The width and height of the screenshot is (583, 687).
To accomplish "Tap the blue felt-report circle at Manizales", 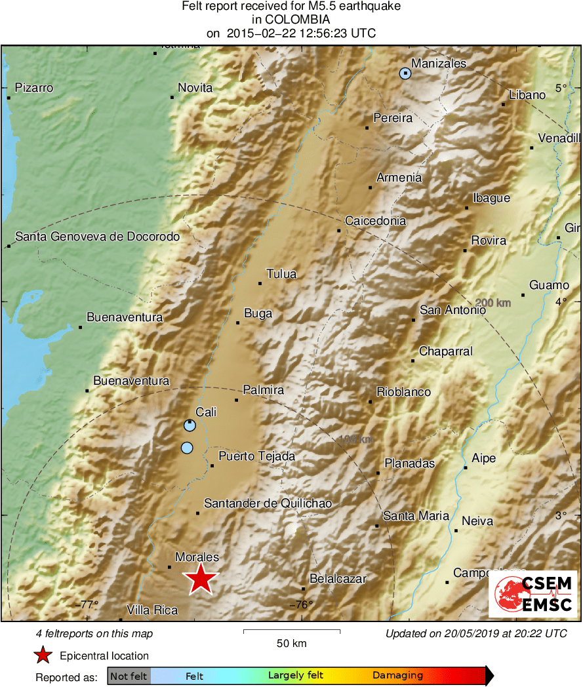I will pyautogui.click(x=405, y=73).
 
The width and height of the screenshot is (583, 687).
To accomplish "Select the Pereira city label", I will pyautogui.click(x=393, y=118).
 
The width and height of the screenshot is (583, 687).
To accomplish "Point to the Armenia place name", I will pyautogui.click(x=399, y=178).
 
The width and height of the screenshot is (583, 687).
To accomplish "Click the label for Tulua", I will pyautogui.click(x=281, y=274).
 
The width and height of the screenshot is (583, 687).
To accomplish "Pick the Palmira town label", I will pyautogui.click(x=263, y=390).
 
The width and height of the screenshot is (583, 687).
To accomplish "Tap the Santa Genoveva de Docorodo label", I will pyautogui.click(x=97, y=236).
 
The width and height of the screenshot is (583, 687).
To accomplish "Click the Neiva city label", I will pyautogui.click(x=477, y=521).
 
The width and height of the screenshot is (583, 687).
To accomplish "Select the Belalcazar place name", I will pyautogui.click(x=337, y=579).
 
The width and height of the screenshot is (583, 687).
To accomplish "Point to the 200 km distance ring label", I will pyautogui.click(x=493, y=303).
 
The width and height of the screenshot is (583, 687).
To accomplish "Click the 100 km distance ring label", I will pyautogui.click(x=356, y=439).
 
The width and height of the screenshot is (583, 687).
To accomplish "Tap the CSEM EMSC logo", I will pyautogui.click(x=533, y=594).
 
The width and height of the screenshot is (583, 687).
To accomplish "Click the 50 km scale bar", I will pyautogui.click(x=291, y=632).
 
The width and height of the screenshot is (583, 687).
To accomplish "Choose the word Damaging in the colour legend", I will pyautogui.click(x=397, y=675).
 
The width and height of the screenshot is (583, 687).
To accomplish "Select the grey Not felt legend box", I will pyautogui.click(x=129, y=675).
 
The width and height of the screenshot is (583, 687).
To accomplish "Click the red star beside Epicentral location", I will pyautogui.click(x=43, y=655).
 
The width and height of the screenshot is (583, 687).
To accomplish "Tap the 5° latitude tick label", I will pyautogui.click(x=561, y=88).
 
